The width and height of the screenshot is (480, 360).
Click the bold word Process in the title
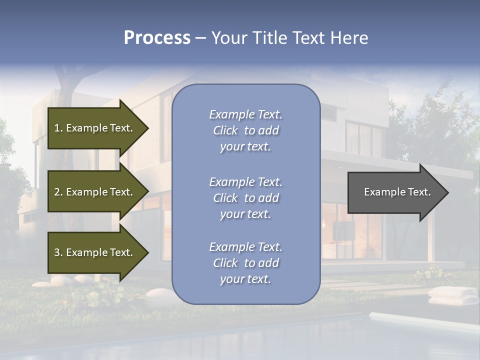coord(157,38)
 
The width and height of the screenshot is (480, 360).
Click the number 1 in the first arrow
coord(57,128)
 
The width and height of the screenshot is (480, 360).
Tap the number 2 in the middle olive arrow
coord(57,192)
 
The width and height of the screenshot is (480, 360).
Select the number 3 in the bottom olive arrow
coord(57,252)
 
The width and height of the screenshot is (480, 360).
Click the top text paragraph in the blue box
coord(245,130)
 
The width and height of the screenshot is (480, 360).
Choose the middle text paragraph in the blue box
coord(245,198)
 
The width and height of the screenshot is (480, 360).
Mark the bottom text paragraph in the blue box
coord(245,263)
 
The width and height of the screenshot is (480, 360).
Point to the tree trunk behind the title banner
coord(65,80)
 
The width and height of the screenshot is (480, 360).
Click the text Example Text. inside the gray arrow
coord(397,192)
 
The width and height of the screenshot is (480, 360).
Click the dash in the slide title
coord(200,38)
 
